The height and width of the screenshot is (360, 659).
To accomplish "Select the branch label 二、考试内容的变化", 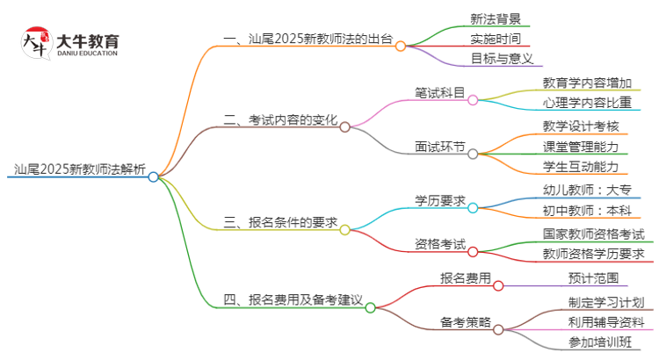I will [280, 120].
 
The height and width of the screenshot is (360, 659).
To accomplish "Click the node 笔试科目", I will [440, 92].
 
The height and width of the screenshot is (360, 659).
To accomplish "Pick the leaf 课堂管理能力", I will [581, 146].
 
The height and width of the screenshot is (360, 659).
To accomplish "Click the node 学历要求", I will [440, 200].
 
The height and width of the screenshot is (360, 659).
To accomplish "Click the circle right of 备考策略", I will [498, 329].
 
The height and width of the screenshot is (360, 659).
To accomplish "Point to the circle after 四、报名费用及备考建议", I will [370, 307].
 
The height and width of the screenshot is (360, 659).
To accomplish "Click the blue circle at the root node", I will [154, 176].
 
